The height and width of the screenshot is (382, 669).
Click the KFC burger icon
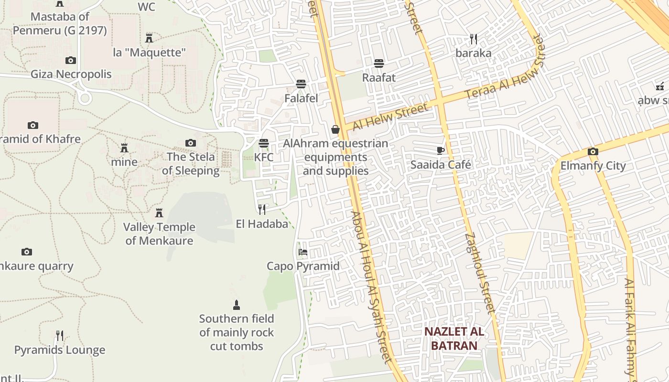pos(263,143)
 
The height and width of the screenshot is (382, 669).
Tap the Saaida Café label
pos(441,165)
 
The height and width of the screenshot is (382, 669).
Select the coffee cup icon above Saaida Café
pos(441,150)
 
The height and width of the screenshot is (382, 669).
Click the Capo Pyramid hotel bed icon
pos(303,252)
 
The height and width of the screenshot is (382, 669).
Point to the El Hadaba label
pos(262,223)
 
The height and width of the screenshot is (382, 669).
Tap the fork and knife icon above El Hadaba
pos(262,209)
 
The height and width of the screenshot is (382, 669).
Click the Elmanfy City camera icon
pos(593,151)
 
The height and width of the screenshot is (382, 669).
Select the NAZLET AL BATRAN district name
pos(453,338)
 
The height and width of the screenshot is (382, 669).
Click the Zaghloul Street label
pos(479,272)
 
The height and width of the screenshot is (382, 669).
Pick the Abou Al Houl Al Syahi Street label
pos(371,286)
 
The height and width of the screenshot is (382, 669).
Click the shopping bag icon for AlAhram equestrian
pos(335,129)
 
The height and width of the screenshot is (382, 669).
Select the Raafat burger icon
pos(379,63)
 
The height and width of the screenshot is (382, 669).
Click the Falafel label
pos(301,98)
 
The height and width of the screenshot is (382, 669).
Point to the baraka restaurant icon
pos(473,39)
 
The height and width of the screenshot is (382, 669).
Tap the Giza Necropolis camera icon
pos(71,60)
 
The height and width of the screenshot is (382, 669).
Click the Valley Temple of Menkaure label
pos(159,233)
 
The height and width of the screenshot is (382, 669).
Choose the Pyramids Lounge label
pos(60,350)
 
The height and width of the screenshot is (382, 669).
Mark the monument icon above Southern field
pos(236,305)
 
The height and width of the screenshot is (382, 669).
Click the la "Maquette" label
pos(149,52)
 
